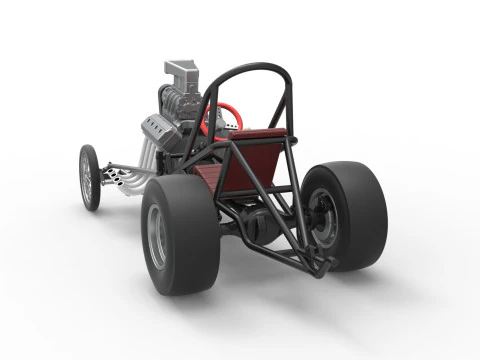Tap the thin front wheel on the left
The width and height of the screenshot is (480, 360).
[90, 178]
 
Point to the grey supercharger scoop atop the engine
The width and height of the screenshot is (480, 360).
[185, 72]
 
